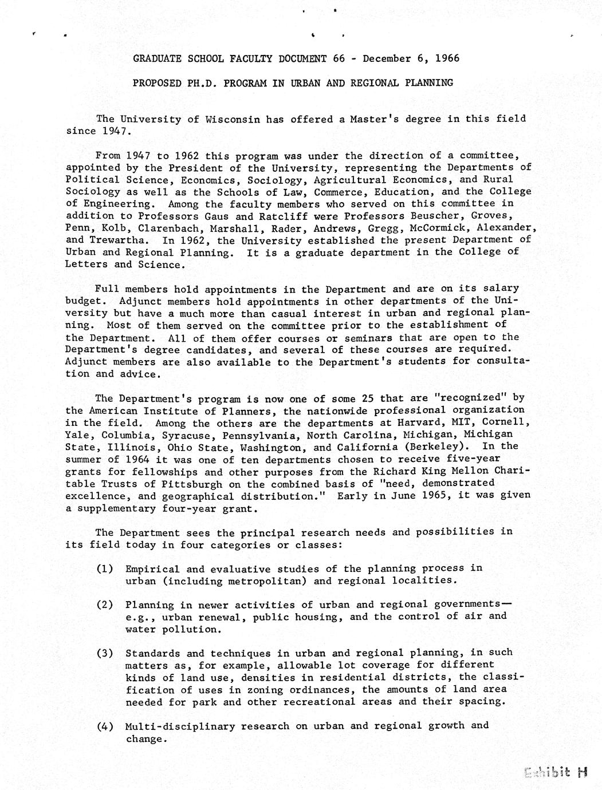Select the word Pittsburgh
click(x=135, y=483)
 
